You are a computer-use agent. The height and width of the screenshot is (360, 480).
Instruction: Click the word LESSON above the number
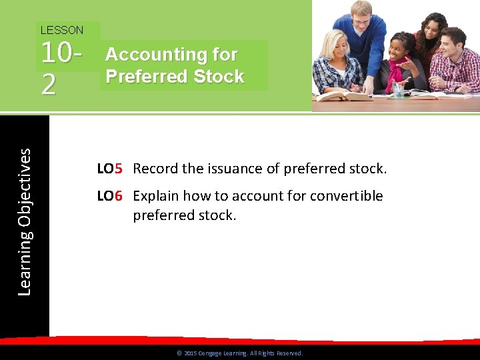62,30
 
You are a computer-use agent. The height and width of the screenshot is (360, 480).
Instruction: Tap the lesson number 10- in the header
63,55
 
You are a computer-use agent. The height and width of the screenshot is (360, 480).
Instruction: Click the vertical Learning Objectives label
24,222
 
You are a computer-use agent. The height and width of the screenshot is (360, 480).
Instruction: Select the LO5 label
110,169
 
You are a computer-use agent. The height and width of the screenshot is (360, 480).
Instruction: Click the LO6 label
110,196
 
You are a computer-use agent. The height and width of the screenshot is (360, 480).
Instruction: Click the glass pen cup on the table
398,89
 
